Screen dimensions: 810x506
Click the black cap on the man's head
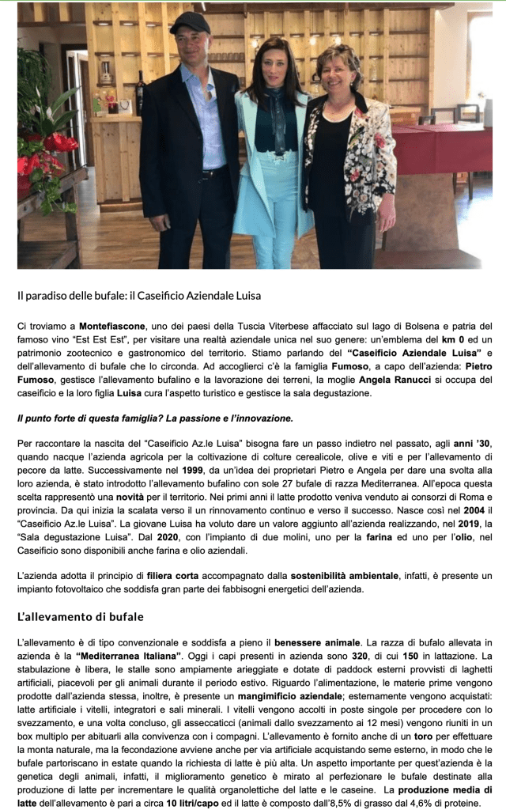[x=190, y=23]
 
